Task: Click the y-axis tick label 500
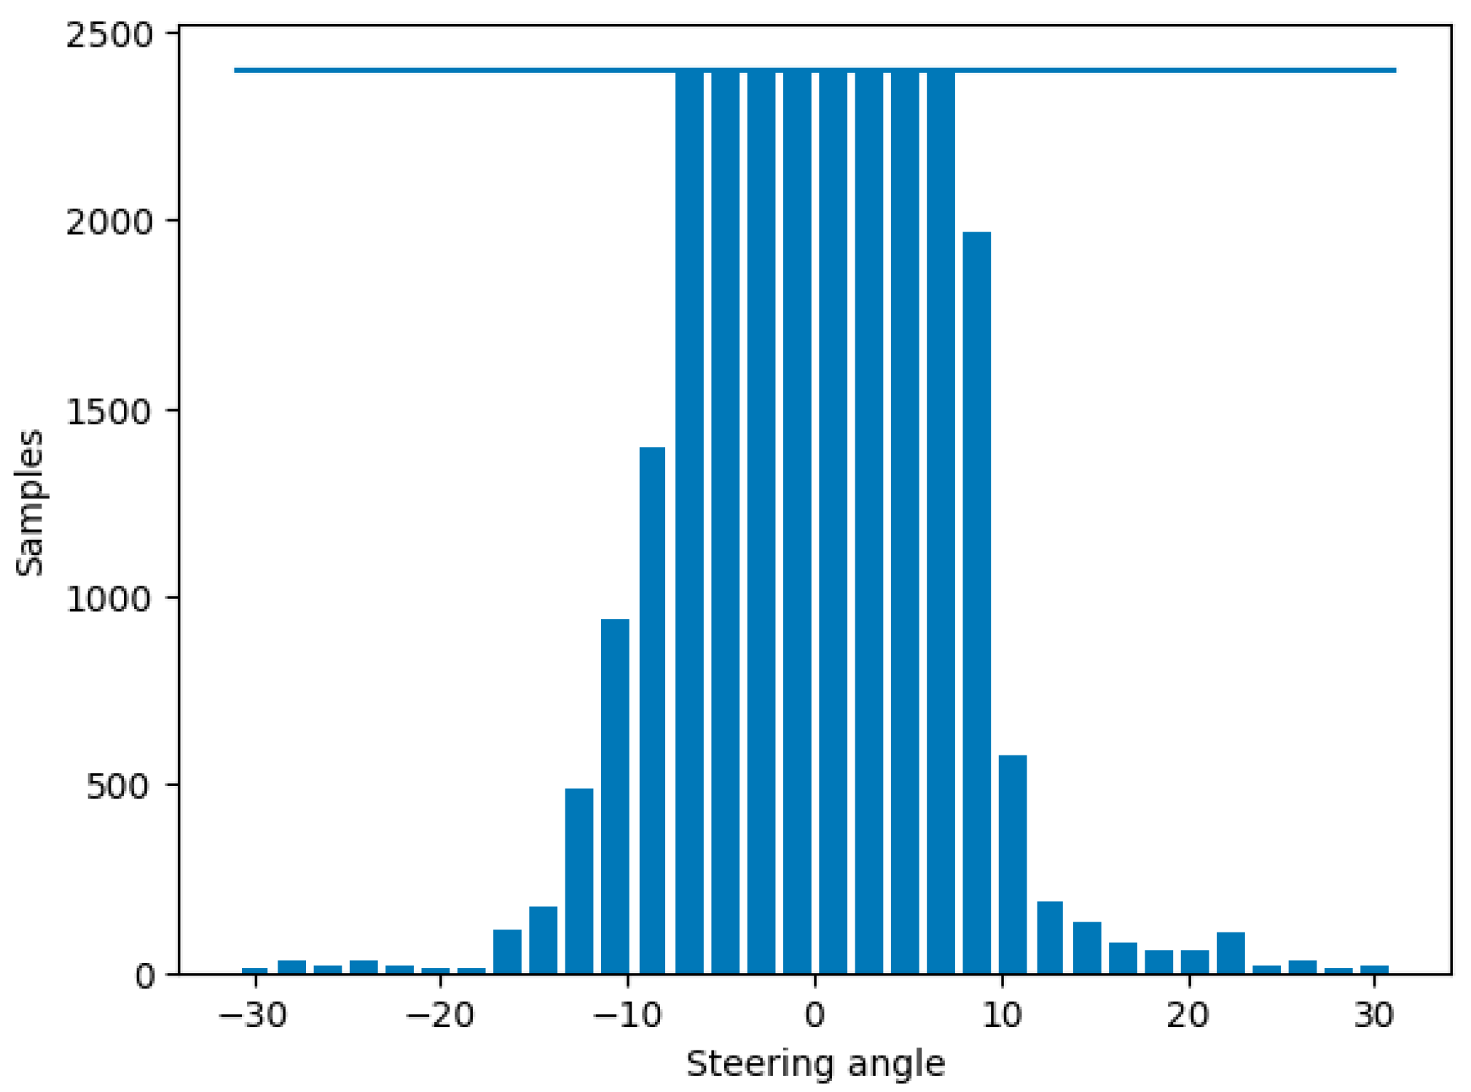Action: coord(119,787)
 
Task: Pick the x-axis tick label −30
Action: coord(253,1015)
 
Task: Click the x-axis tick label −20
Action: coord(439,1015)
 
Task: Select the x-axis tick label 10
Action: coord(1002,1015)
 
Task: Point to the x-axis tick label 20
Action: coord(1188,1015)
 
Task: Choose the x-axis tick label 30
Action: coord(1374,1015)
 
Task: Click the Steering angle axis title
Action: coord(815,1064)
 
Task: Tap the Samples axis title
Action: coord(30,503)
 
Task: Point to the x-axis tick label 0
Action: coord(815,1015)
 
